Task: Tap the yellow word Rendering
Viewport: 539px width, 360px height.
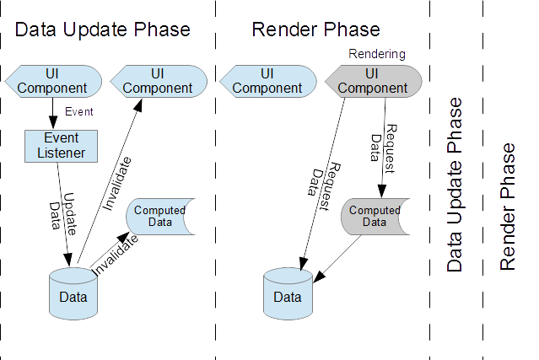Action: click(x=376, y=54)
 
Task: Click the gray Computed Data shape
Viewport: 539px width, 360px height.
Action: click(x=374, y=216)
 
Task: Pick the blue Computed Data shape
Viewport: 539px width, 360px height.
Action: click(x=160, y=216)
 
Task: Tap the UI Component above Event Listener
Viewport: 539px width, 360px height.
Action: click(x=54, y=81)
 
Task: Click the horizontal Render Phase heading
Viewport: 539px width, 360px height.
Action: click(x=315, y=30)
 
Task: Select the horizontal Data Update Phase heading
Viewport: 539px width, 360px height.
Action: click(x=103, y=30)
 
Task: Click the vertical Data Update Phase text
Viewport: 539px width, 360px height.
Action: click(x=455, y=185)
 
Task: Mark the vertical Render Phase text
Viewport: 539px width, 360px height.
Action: click(x=507, y=207)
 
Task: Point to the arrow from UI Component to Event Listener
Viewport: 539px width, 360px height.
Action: click(x=54, y=112)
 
